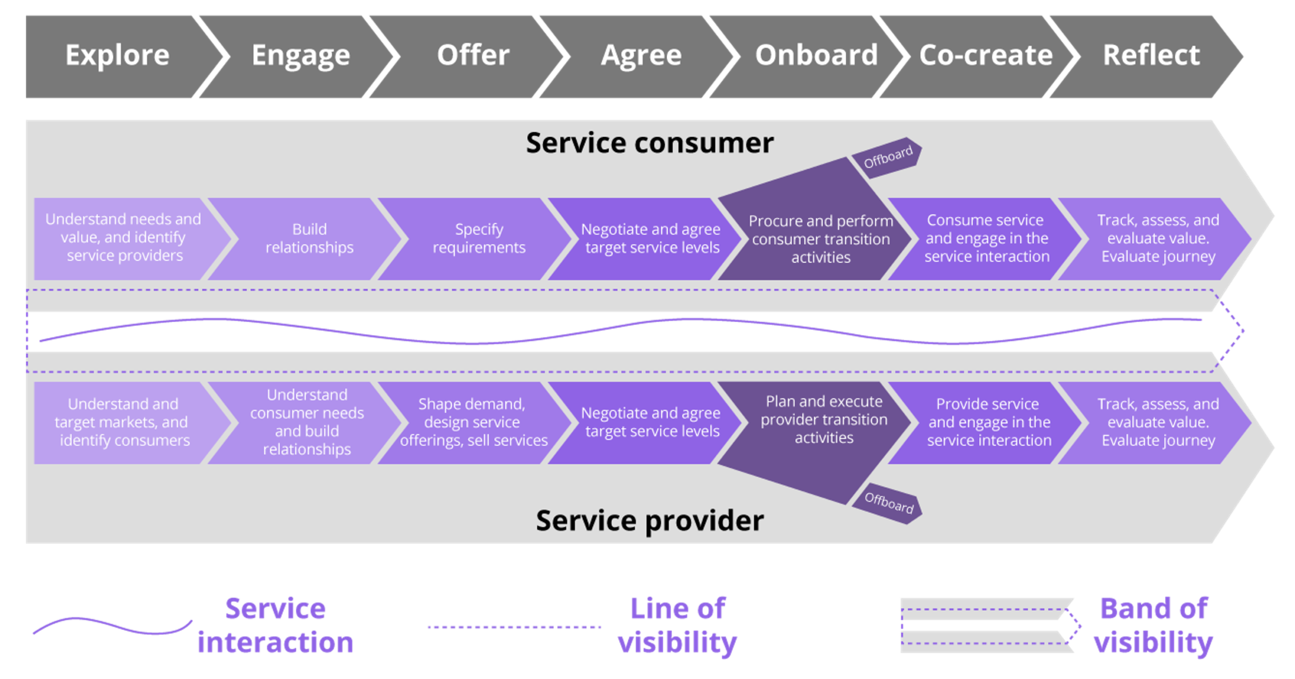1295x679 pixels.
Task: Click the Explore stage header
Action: click(117, 55)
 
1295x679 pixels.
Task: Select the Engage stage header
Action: click(300, 55)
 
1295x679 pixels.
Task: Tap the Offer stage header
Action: click(473, 55)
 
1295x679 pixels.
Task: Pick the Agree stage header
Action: click(641, 55)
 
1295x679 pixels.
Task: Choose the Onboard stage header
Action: click(816, 55)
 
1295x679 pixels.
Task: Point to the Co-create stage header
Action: click(985, 55)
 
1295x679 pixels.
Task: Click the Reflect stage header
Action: click(1151, 55)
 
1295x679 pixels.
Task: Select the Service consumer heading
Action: click(650, 143)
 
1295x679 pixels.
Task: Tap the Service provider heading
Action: click(650, 521)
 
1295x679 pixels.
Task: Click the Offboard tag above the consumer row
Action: click(888, 157)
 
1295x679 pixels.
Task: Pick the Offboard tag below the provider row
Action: click(888, 503)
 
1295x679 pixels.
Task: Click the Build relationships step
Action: click(309, 238)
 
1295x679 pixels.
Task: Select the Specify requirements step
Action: click(479, 238)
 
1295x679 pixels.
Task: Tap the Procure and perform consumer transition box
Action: click(821, 238)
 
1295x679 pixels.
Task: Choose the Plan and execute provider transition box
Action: click(824, 420)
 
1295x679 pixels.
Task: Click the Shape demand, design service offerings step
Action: click(473, 422)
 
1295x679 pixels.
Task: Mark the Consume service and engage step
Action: click(986, 238)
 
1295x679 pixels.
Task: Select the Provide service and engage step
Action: click(988, 422)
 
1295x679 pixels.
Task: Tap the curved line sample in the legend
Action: click(111, 628)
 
